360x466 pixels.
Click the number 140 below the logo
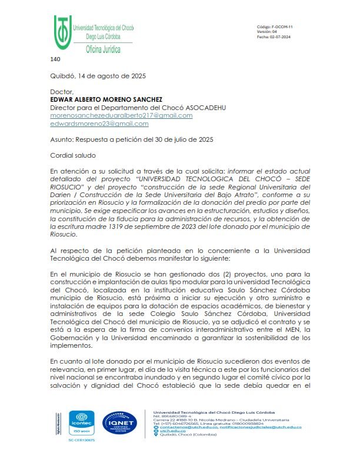coord(55,59)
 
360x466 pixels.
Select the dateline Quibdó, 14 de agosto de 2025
coord(98,76)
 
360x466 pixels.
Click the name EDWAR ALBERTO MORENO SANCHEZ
coord(106,100)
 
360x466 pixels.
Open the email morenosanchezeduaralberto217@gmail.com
coord(121,116)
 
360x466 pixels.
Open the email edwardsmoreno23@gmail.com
coord(99,124)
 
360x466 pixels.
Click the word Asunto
coord(62,140)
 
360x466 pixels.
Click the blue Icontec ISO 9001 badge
coord(78,423)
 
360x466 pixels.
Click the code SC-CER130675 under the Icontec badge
coord(78,441)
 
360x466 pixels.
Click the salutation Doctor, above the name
coord(62,92)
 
